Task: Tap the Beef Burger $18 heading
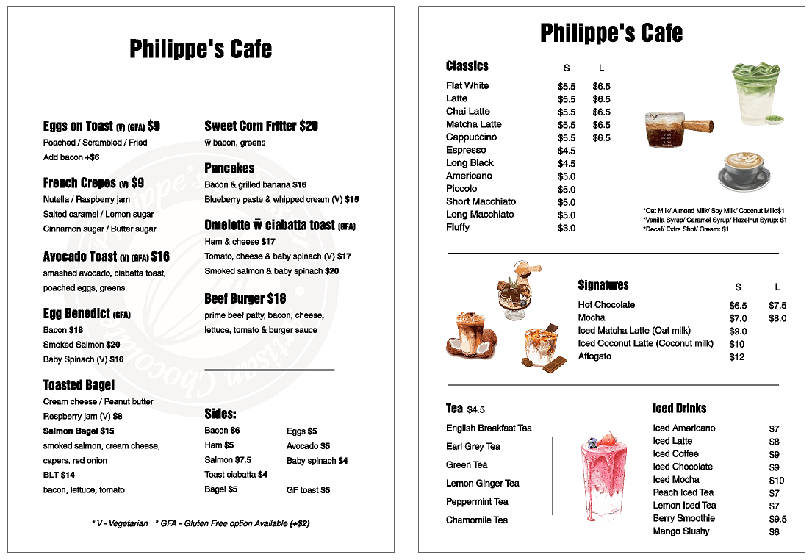[x=245, y=299]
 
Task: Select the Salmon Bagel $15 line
[x=79, y=431]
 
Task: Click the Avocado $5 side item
[x=308, y=446]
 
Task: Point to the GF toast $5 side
[x=308, y=490]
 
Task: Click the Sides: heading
[x=220, y=414]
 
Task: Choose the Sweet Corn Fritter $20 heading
[x=261, y=126]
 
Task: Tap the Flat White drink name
[x=467, y=86]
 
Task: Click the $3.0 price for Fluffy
[x=566, y=229]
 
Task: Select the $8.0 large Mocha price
[x=777, y=319]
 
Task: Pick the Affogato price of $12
[x=736, y=357]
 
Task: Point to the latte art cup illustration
[x=743, y=170]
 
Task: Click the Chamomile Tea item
[x=476, y=520]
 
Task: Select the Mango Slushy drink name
[x=680, y=531]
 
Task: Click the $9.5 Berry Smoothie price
[x=777, y=519]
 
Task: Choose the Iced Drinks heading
[x=679, y=409]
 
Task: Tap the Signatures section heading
[x=603, y=285]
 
